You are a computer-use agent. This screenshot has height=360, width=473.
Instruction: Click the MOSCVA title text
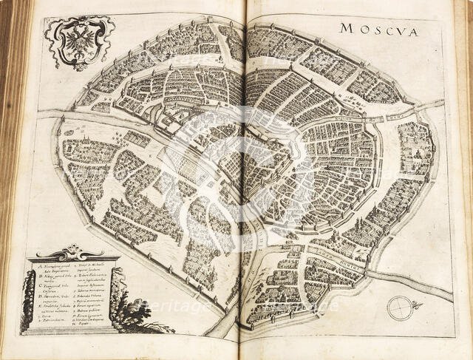point(379,30)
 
